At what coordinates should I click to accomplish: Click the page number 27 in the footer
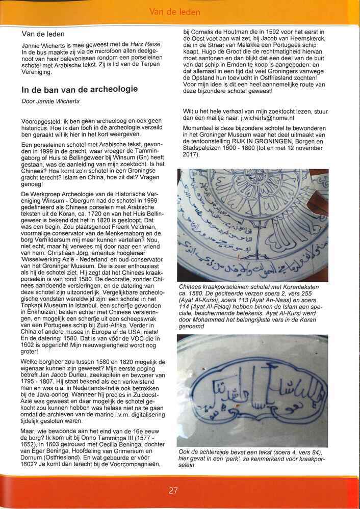click(173, 491)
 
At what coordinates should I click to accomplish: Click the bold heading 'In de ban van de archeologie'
click(80, 89)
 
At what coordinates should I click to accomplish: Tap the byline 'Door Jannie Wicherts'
click(52, 101)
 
